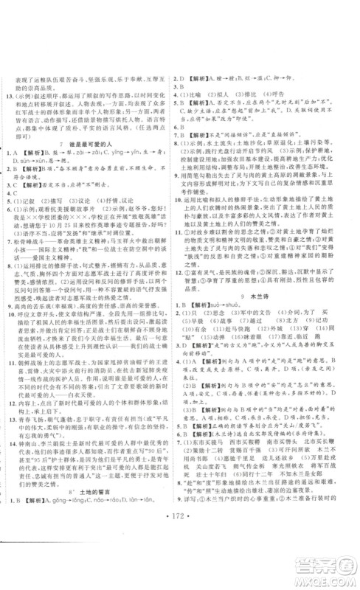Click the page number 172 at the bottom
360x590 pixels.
(x=179, y=570)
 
